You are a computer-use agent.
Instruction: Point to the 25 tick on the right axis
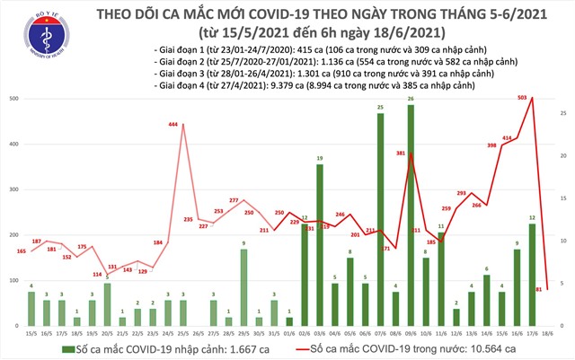tap(561, 112)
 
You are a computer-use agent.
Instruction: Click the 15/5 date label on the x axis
tap(31, 333)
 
